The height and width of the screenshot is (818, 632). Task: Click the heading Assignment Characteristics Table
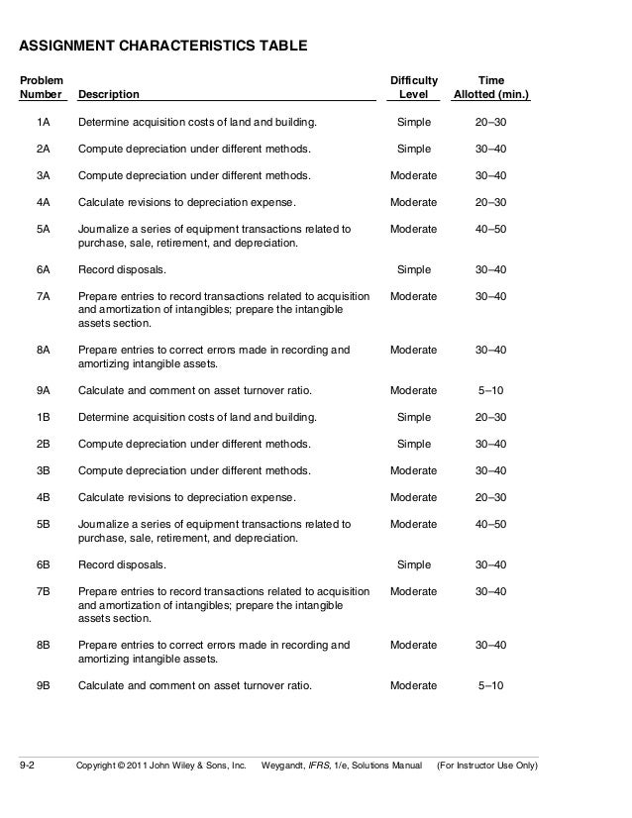tap(163, 46)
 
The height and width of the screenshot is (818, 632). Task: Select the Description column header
tap(109, 95)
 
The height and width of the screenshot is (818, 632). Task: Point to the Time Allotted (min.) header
tap(490, 86)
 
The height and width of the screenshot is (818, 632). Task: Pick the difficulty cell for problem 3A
tap(413, 175)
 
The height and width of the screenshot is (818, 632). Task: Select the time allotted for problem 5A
tap(490, 229)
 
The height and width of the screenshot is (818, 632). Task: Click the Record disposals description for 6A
tap(122, 269)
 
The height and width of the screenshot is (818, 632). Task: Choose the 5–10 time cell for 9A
tap(490, 390)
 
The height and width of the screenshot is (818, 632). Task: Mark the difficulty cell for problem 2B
tap(413, 444)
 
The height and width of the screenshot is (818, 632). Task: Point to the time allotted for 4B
tap(490, 497)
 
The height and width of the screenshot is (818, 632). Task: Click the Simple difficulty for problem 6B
tap(413, 564)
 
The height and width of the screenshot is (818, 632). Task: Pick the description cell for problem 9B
tap(195, 685)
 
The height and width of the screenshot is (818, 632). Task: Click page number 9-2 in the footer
tap(28, 766)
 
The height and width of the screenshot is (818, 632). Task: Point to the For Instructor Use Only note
tap(487, 766)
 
